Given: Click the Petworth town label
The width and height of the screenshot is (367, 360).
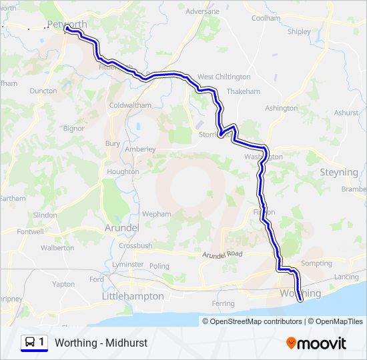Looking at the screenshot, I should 67,24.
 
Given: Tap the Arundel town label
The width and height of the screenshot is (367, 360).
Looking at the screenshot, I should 121,228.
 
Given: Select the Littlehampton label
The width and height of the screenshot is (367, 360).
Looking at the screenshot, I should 132,296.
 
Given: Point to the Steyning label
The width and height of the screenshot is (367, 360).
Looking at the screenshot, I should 339,172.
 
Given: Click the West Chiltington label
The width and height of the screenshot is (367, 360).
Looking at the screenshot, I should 224,77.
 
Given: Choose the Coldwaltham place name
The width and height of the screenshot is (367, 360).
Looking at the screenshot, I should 130,105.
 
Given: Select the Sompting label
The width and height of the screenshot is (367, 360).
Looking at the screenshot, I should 316,263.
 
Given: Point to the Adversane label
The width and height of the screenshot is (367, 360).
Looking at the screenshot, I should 202,12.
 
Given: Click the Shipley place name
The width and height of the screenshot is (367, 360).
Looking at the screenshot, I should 299,31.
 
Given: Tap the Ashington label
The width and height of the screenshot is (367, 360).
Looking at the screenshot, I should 281,108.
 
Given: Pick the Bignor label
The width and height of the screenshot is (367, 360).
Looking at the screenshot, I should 73,128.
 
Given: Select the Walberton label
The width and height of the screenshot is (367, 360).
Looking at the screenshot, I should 57,248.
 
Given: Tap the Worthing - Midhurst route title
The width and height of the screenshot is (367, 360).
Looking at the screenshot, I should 101,343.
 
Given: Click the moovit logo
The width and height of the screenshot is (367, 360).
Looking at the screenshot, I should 316,343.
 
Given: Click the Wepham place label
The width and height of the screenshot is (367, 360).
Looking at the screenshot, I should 157,214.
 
